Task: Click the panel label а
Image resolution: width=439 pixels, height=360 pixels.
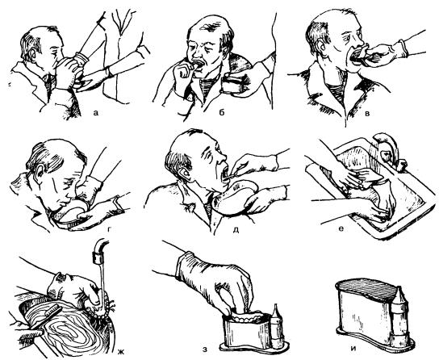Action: (95, 113)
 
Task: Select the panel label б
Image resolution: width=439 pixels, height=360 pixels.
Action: (222, 112)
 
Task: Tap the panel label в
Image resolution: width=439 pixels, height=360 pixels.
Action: (368, 114)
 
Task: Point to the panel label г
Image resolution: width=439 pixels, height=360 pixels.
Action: (110, 229)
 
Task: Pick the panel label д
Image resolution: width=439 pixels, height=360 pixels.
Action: (236, 230)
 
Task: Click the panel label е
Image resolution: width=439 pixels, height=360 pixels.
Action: (341, 229)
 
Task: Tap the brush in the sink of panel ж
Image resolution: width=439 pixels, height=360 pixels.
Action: (45, 319)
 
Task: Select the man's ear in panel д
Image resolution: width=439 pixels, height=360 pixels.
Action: (186, 173)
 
